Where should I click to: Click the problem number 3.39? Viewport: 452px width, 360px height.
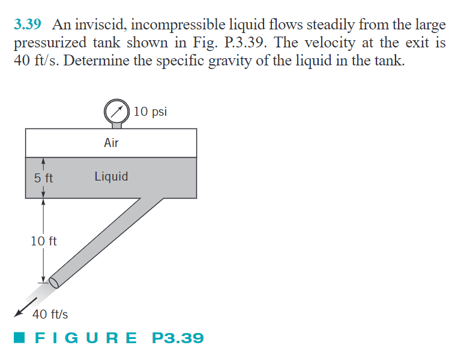(27, 25)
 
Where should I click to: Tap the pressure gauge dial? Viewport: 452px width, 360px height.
(116, 110)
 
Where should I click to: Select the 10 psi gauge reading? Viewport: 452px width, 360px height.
(151, 111)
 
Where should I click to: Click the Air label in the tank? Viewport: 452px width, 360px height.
(111, 143)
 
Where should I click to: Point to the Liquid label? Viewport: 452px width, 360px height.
(111, 176)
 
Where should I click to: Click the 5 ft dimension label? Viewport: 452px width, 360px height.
(44, 178)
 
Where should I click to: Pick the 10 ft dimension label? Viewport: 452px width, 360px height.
(44, 241)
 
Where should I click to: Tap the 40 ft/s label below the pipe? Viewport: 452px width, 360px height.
(50, 314)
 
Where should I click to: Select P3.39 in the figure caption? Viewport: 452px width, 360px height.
(178, 338)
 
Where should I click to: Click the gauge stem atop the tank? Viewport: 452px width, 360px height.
(116, 125)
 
